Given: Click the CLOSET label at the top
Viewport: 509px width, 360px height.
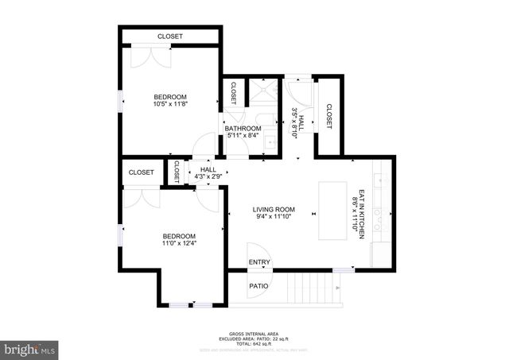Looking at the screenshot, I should pos(169,37).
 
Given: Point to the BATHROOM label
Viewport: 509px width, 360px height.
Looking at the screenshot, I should pos(243,129).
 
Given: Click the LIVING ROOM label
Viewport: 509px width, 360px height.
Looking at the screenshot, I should pos(274,210).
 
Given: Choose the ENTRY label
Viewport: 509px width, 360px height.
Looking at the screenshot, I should pos(259,262).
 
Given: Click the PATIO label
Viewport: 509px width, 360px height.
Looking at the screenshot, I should pos(259,286).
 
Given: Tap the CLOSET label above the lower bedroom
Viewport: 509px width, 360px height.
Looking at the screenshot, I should pos(141,172).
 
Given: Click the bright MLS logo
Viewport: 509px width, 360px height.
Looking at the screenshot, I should pos(30,348).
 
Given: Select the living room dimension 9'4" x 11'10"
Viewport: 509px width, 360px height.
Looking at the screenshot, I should pos(274,216).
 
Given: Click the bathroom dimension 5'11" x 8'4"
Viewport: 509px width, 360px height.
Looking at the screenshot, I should pos(243,136).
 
